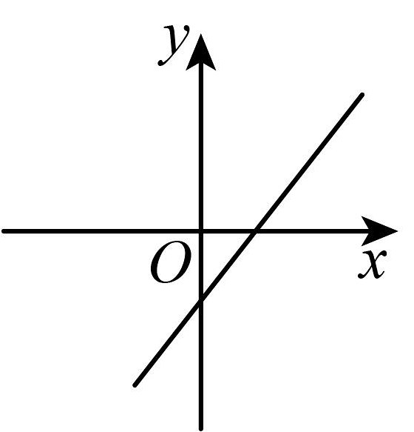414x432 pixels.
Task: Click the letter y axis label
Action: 174,45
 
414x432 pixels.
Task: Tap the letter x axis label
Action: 373,264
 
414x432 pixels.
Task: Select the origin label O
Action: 171,262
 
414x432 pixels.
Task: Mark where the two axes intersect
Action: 201,231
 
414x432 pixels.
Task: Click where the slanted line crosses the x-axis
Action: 254,231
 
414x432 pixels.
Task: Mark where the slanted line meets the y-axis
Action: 201,300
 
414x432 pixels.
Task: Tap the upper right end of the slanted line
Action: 362,95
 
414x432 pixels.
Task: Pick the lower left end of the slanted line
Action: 135,385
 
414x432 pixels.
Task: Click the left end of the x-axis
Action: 3,231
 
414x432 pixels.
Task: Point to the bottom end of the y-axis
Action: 201,429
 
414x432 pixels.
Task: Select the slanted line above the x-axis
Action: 308,163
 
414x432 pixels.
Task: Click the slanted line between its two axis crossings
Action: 228,265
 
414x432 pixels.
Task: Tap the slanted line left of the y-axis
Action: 168,343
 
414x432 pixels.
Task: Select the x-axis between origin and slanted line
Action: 228,231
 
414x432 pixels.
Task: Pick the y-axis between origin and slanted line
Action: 201,265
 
